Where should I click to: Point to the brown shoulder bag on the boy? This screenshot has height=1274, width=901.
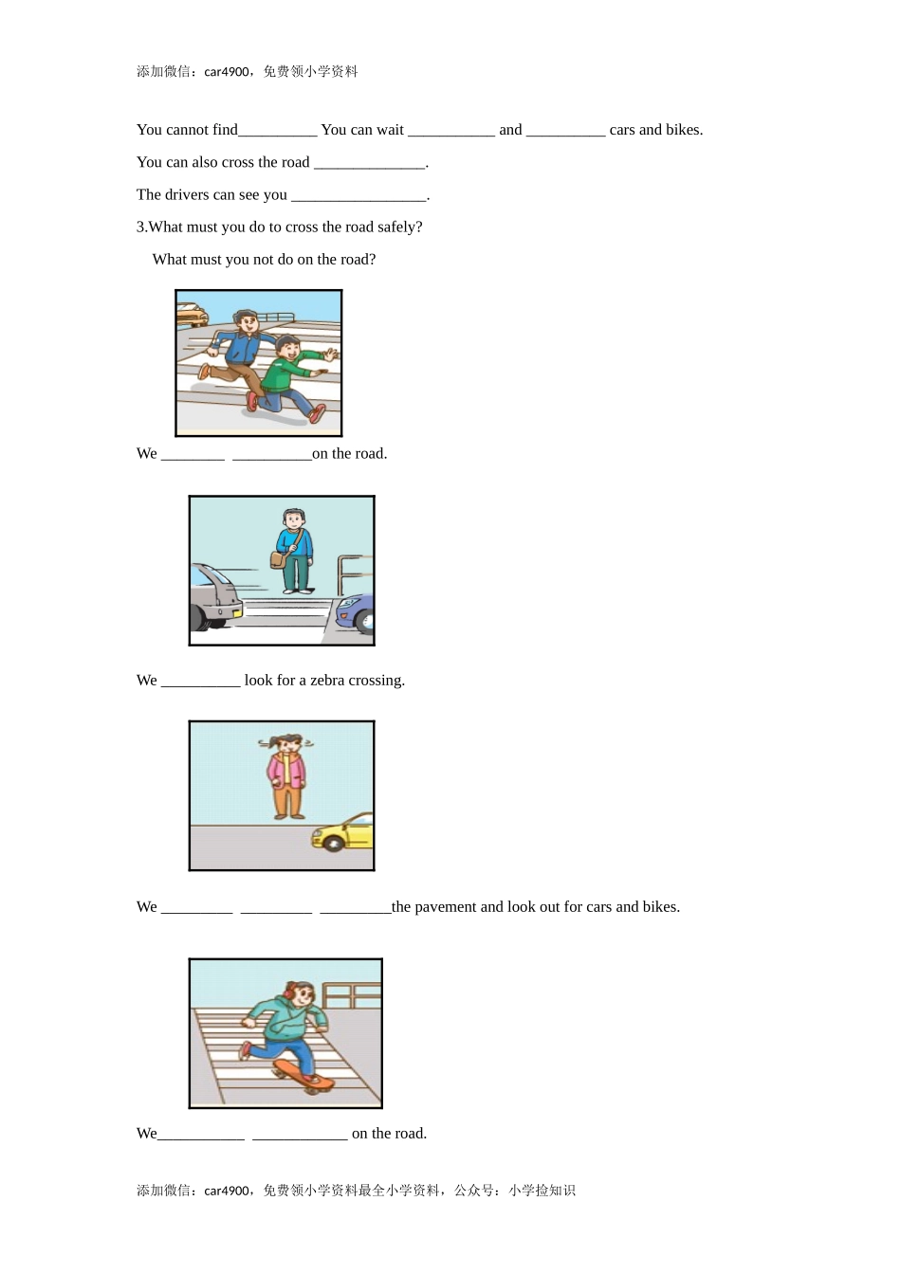[x=278, y=559]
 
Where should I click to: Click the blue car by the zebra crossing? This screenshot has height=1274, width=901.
[x=355, y=613]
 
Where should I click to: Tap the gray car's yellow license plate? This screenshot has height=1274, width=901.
[x=235, y=612]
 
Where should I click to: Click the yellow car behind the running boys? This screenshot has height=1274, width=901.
[x=192, y=314]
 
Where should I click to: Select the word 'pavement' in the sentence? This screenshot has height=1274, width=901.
[x=445, y=906]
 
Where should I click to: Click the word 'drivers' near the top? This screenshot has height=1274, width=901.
[x=186, y=194]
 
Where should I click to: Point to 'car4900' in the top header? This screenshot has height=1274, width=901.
[x=227, y=72]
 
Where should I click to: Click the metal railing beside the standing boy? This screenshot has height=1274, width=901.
[x=355, y=575]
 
